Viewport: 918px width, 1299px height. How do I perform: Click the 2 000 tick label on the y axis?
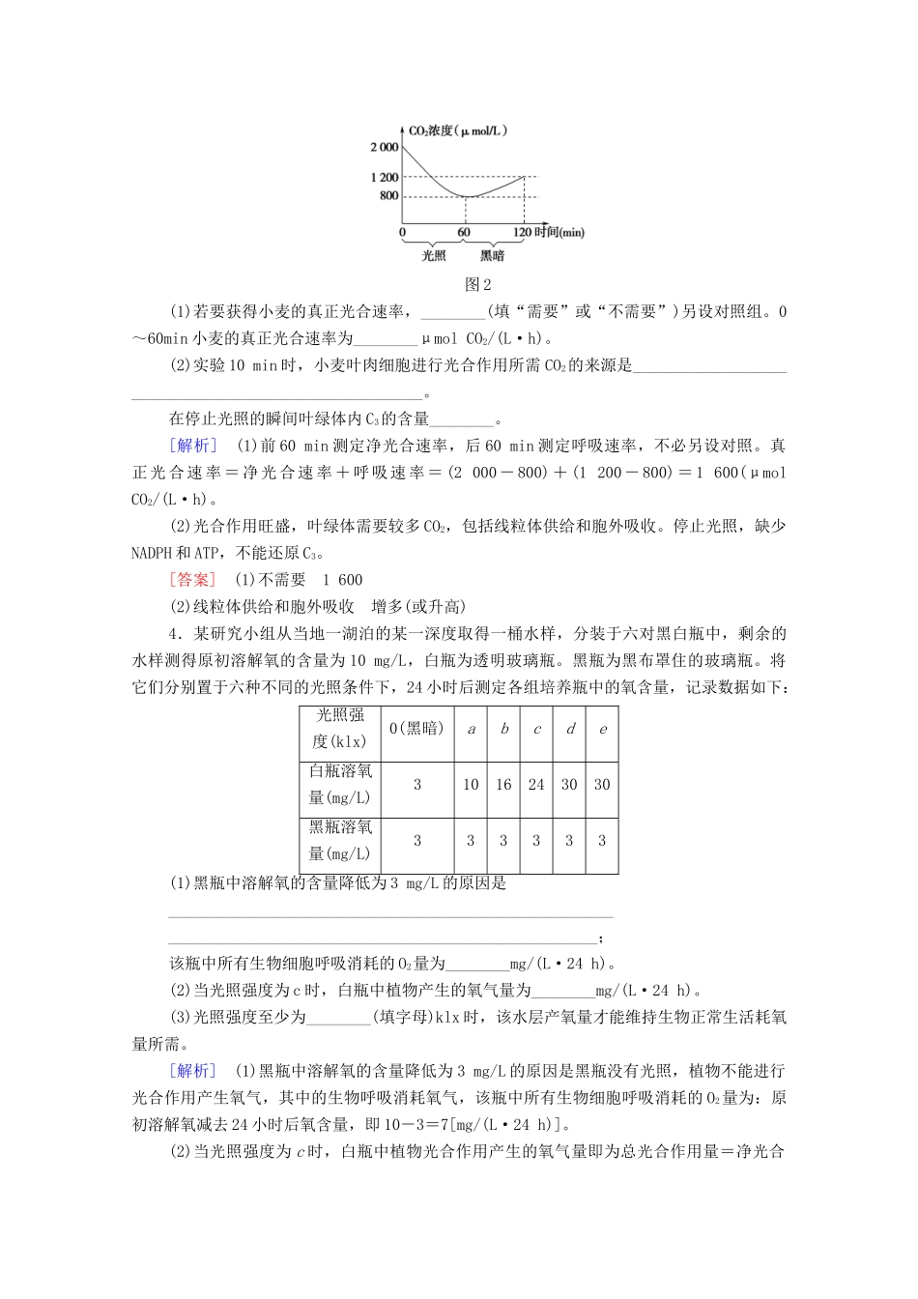point(384,147)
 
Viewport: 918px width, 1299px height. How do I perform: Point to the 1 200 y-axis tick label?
point(384,177)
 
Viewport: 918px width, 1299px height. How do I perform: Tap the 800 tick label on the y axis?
point(388,195)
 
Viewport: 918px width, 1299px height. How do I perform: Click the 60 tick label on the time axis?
point(464,232)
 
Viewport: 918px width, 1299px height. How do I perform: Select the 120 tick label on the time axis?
point(522,232)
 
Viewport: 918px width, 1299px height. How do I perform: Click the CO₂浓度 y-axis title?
point(457,130)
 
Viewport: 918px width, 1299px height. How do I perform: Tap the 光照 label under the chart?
point(434,256)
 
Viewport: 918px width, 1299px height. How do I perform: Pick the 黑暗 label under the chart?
point(492,256)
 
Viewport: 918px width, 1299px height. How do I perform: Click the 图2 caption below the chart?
point(478,284)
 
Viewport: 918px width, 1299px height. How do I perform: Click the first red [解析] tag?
point(193,446)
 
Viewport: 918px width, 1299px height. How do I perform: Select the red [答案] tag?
point(193,580)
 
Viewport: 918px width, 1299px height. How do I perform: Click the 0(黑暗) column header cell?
point(416,729)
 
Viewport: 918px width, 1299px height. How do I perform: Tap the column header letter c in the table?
point(536,729)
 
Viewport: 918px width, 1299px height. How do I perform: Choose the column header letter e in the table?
point(602,729)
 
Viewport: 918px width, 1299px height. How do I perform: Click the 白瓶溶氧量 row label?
point(340,785)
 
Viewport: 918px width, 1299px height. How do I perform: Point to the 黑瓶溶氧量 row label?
point(340,841)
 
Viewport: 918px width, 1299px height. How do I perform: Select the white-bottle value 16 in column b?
point(503,785)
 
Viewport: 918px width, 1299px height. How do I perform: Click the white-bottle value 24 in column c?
point(536,785)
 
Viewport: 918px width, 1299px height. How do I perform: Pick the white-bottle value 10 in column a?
point(471,785)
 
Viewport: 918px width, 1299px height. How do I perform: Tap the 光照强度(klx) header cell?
point(340,729)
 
